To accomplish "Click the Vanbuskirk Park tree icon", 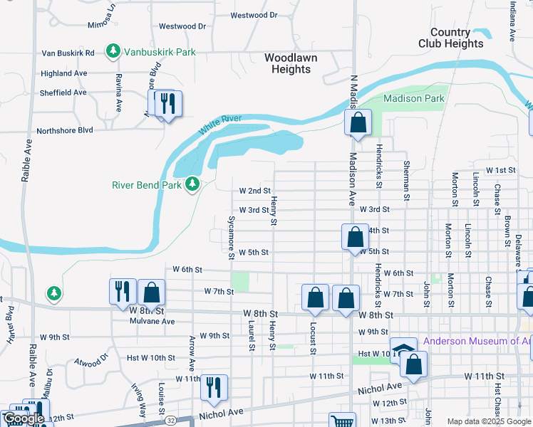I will [113, 51].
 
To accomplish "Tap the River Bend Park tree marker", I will [192, 185].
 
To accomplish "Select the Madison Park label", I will [414, 98].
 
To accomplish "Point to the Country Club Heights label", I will [457, 38].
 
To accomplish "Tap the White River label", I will [221, 125].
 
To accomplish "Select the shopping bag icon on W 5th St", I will [354, 238].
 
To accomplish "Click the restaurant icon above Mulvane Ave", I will [122, 290].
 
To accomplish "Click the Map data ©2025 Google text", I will [488, 421].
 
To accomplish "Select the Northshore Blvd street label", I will [65, 130].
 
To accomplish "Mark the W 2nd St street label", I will [254, 191].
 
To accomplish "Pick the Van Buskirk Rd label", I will [68, 53].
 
